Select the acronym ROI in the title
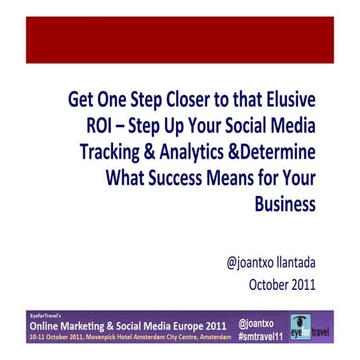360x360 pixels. coord(101,127)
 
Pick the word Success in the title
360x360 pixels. coord(175,178)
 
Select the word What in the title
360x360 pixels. coord(126,178)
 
